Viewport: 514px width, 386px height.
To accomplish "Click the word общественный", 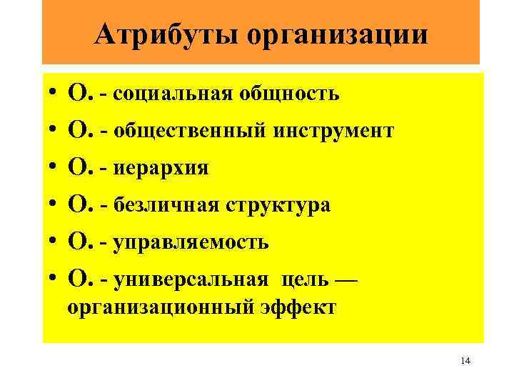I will (x=186, y=131).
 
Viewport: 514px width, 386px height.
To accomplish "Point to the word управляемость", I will (x=191, y=243).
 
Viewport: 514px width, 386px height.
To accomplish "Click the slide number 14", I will (x=465, y=362).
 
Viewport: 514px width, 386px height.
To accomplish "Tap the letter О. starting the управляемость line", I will (x=78, y=243).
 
